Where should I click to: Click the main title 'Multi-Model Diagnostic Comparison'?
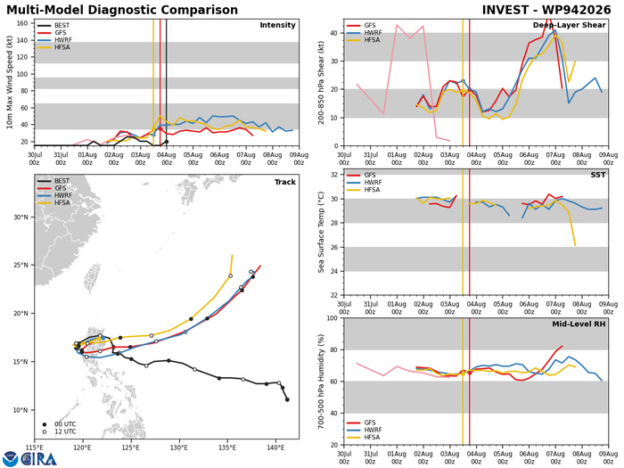122,10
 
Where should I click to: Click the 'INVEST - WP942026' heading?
546,10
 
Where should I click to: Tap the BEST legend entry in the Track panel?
54,181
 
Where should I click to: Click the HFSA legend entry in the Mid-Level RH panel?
364,437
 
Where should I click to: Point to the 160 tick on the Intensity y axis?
22,23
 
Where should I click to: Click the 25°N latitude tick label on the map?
20,266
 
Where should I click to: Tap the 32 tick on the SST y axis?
334,175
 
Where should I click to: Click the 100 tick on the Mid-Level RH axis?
333,318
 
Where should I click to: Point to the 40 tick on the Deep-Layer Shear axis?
334,33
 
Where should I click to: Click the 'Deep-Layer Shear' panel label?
569,25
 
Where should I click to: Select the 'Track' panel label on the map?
285,182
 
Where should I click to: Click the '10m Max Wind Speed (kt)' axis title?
9,82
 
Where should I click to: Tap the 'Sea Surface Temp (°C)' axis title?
321,233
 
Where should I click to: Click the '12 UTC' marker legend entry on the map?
60,431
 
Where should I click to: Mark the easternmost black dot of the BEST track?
287,399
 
